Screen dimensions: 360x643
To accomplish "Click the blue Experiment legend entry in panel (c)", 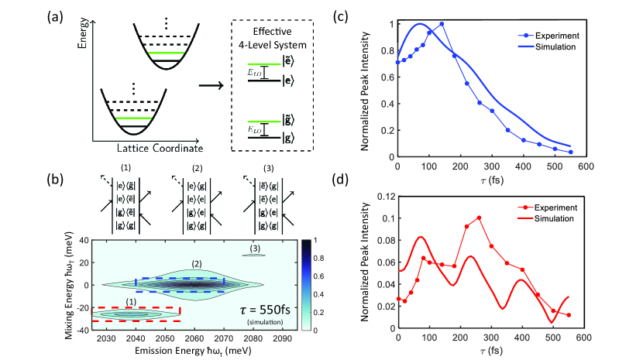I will (x=548, y=35).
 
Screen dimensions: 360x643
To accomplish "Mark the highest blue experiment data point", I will (x=441, y=24).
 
